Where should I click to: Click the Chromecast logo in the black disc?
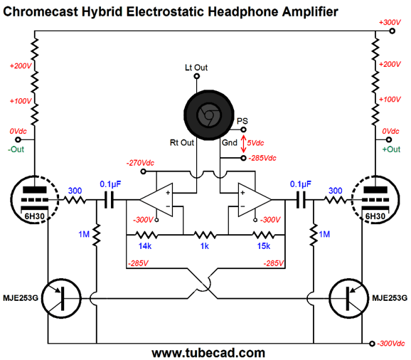tap(209, 115)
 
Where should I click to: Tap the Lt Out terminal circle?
tap(196, 76)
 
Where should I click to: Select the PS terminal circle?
tap(243, 129)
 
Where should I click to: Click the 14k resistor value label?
tap(145, 246)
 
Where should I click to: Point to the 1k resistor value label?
tap(205, 246)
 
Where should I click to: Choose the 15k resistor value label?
tap(264, 246)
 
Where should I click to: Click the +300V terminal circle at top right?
tap(392, 31)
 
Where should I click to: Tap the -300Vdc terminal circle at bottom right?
tap(372, 344)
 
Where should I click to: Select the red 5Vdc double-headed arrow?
tap(243, 144)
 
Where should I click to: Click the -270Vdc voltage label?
tap(140, 163)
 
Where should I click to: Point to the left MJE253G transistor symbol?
tap(61, 298)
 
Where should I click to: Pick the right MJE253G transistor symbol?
tap(348, 298)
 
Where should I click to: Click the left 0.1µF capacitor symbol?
tap(109, 200)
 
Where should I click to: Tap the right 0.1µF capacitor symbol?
tap(301, 200)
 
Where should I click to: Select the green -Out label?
tap(16, 149)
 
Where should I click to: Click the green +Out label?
tap(391, 149)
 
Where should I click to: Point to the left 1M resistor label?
tap(84, 234)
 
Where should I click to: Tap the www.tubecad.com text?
tap(208, 353)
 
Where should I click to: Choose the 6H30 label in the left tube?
tap(34, 216)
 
